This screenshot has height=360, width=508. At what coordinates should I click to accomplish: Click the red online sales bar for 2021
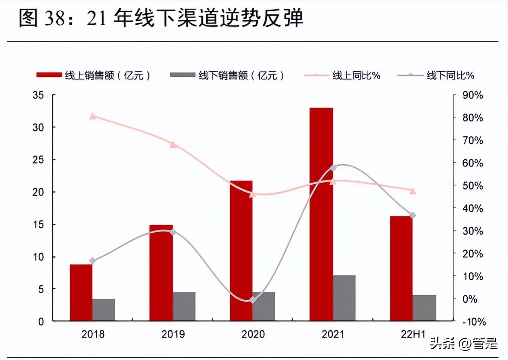tap(321, 214)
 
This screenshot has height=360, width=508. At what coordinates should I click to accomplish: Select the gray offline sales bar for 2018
tap(104, 310)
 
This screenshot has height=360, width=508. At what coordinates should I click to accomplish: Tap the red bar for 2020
tap(241, 251)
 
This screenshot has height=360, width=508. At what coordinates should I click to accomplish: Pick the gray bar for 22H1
tap(424, 308)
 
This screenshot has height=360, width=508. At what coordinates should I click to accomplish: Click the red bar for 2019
tap(161, 273)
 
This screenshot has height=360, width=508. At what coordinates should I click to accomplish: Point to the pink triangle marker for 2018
tap(92, 116)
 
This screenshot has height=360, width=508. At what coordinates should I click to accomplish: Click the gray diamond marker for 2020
tap(253, 300)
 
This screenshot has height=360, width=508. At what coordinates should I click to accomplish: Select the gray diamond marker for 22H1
tap(413, 215)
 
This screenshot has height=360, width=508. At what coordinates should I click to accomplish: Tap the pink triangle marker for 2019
tap(173, 144)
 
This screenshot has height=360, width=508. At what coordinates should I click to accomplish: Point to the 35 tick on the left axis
tap(38, 95)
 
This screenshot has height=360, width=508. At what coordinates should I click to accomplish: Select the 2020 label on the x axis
tap(253, 334)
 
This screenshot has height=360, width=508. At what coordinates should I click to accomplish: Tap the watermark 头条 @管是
tap(464, 345)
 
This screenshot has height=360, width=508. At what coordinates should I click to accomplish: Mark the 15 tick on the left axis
tap(38, 224)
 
